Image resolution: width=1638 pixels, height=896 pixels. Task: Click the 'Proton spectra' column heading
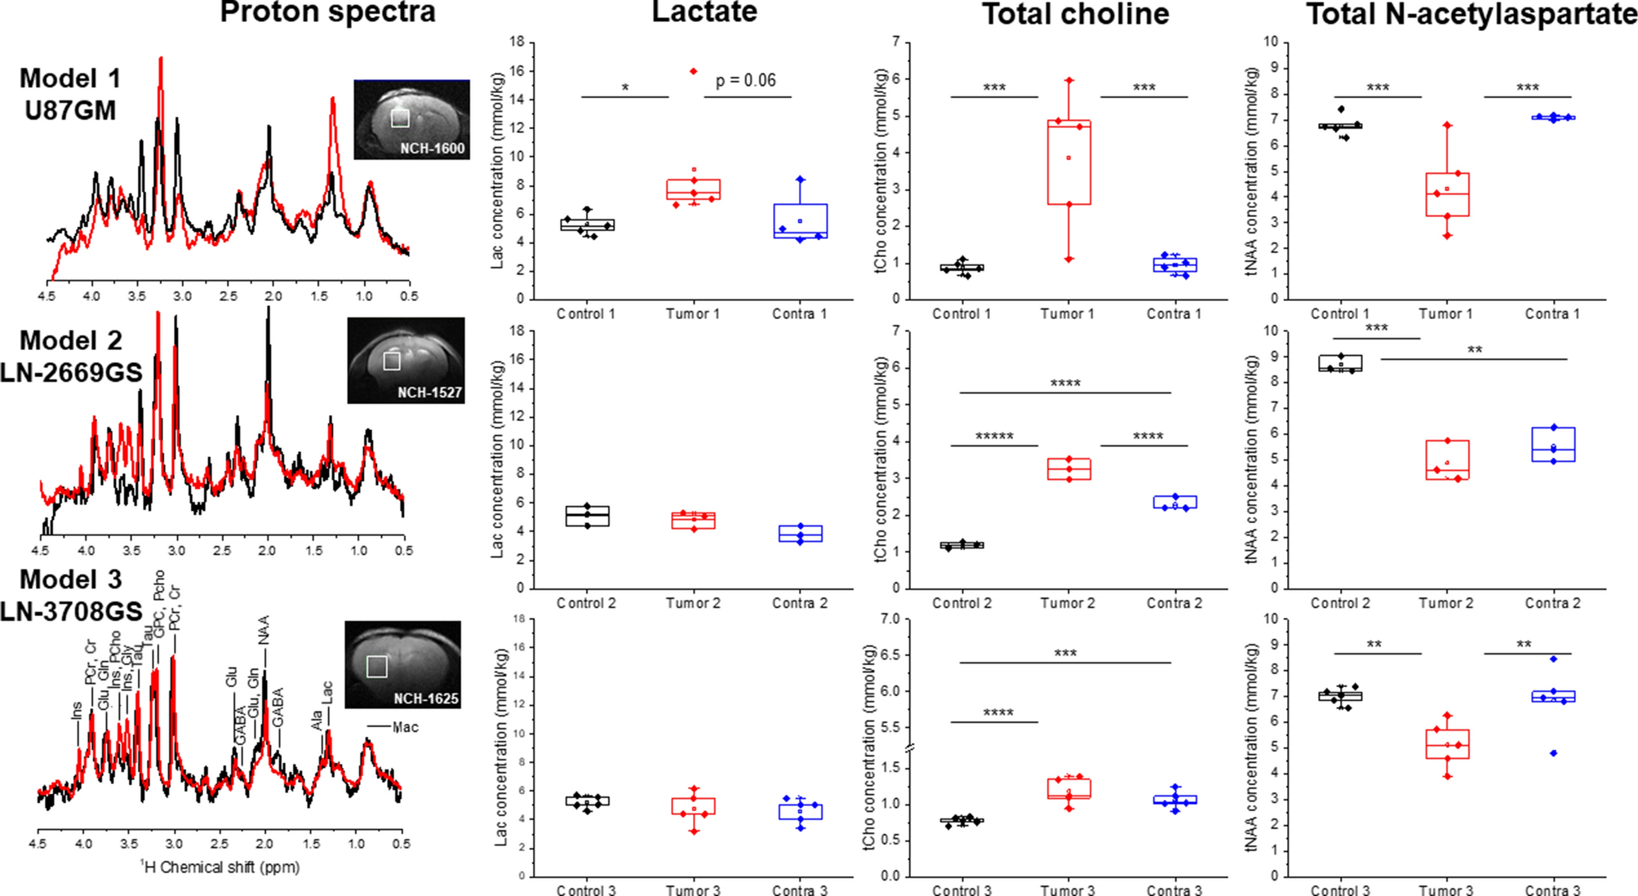point(327,12)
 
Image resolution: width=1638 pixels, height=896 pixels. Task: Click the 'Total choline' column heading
point(1075,14)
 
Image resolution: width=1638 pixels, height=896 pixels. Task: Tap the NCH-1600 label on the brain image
point(432,149)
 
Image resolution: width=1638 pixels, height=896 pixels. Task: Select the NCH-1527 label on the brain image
point(429,393)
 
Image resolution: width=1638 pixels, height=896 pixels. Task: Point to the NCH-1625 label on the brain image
point(426,699)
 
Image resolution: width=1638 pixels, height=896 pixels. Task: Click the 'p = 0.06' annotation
point(745,80)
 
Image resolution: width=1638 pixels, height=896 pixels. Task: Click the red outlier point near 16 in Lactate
point(694,71)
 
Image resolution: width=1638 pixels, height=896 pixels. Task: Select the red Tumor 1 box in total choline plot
point(1068,162)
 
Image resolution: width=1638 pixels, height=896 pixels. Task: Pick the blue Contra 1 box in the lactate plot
point(800,220)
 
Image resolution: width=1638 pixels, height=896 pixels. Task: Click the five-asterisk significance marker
point(994,437)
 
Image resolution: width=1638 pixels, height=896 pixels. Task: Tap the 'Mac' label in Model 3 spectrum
point(405,726)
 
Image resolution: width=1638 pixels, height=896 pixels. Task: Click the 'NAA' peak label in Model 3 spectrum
point(264,630)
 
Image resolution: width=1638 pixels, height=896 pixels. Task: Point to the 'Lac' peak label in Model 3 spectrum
point(327,692)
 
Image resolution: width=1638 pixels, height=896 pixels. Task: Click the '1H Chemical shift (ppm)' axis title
point(220,867)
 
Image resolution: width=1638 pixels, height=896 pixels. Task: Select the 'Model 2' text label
point(70,340)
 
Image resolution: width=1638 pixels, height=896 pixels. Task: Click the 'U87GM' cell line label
point(70,110)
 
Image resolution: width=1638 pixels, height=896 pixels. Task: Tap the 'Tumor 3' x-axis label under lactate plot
point(692,890)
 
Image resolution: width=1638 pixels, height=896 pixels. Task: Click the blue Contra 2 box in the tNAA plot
point(1553,445)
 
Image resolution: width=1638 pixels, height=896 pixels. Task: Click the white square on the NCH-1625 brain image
point(376,667)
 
